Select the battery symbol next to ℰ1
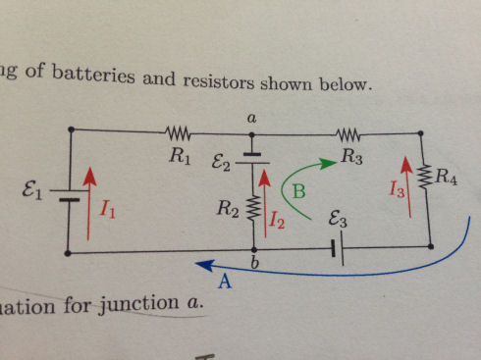[x=67, y=194]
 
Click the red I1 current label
[x=111, y=210]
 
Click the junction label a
[x=251, y=117]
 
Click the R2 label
[x=227, y=208]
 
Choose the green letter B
[x=299, y=193]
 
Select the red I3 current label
[x=398, y=191]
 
